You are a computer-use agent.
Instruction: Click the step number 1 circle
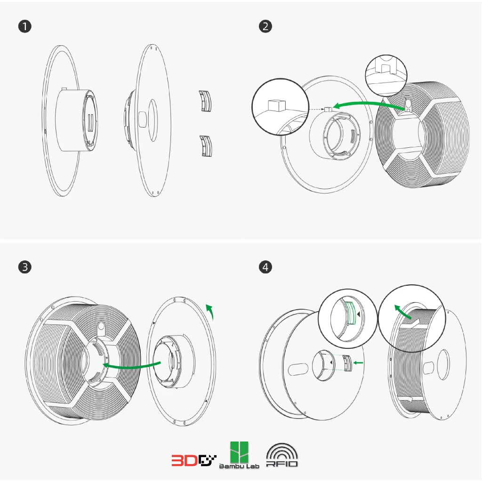(25, 26)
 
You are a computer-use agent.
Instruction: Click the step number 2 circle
(265, 26)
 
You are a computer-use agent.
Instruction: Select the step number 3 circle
(25, 267)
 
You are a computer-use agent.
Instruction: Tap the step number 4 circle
(265, 267)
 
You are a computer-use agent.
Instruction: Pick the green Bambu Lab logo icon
(239, 452)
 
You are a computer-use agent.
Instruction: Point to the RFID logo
(282, 455)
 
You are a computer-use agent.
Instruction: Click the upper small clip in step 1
(205, 101)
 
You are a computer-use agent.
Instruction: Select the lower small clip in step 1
(206, 146)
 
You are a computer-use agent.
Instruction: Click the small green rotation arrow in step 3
(210, 312)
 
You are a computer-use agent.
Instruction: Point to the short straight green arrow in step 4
(358, 363)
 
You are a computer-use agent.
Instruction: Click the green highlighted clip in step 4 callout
(351, 313)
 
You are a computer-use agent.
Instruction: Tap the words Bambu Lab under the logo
(239, 466)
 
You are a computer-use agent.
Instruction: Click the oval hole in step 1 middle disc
(153, 120)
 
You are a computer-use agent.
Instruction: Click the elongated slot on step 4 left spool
(298, 369)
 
